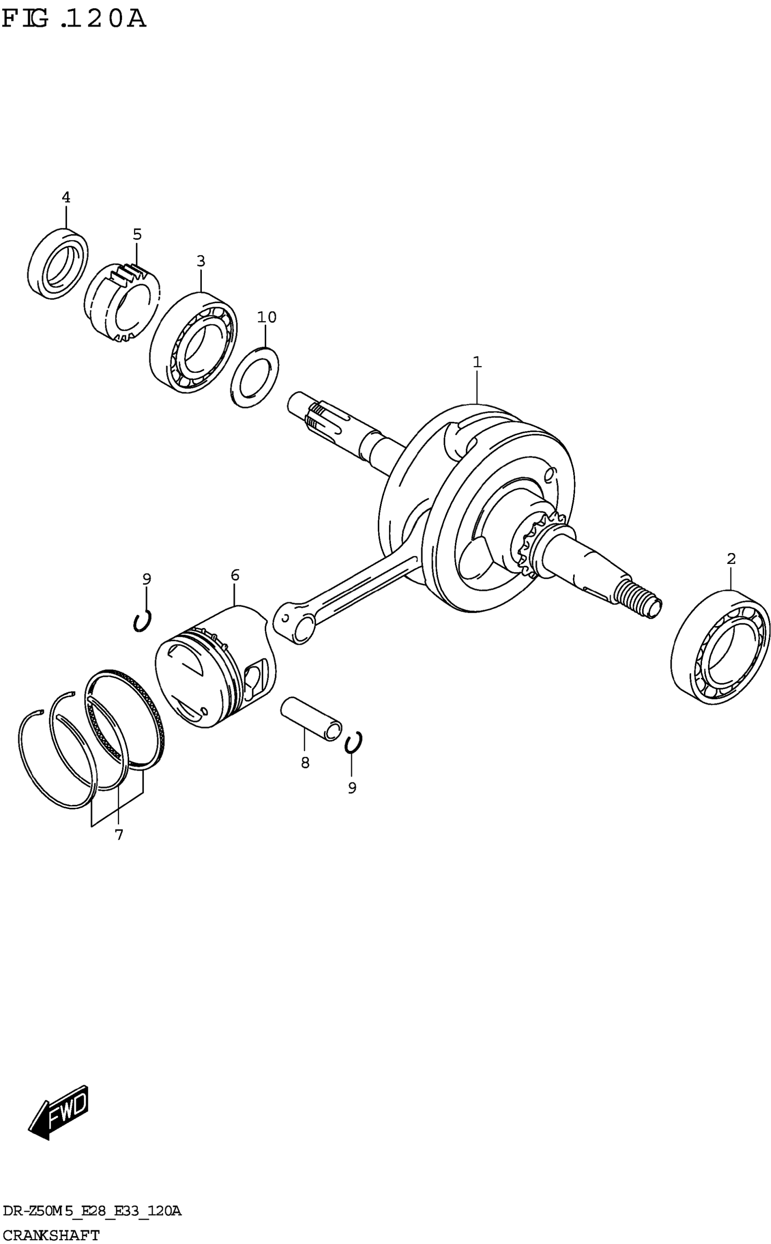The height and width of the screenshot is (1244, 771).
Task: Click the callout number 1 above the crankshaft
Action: [x=477, y=362]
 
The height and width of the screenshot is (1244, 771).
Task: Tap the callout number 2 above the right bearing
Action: [x=731, y=559]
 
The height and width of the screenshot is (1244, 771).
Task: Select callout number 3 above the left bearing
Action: [x=201, y=261]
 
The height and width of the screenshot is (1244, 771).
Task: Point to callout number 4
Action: [x=66, y=197]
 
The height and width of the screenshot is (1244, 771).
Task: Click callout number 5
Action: [x=137, y=235]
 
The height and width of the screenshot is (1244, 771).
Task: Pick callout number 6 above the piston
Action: [x=234, y=575]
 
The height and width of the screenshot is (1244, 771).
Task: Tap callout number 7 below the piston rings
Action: [x=119, y=835]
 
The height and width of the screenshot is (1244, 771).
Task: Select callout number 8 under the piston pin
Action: [x=305, y=763]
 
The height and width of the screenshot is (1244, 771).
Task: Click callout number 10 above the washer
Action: [x=266, y=317]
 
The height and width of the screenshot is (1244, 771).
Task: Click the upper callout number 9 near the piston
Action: [x=146, y=579]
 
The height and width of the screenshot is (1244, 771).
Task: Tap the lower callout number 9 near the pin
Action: [x=352, y=788]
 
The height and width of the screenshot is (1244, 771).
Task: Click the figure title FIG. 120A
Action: [x=74, y=20]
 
